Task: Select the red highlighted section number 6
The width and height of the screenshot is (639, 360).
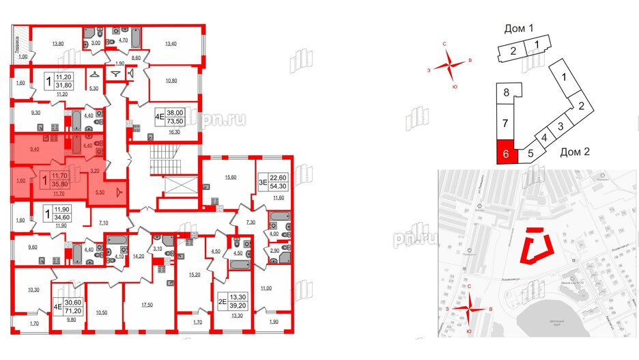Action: [505, 152]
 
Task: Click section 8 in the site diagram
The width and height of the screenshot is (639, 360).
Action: [506, 94]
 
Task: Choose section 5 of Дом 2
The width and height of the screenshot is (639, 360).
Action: [530, 154]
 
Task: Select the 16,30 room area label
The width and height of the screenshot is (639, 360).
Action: [172, 135]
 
